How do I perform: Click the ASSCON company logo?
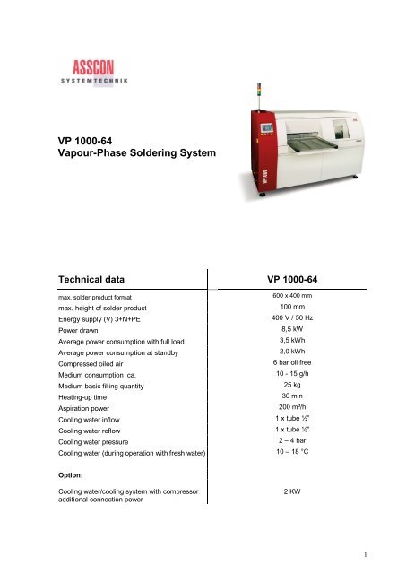[100, 70]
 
